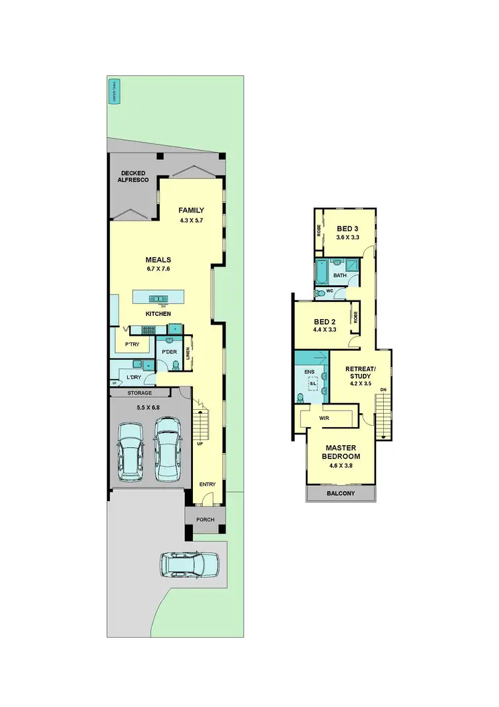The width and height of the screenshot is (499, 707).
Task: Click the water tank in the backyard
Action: click(x=114, y=93)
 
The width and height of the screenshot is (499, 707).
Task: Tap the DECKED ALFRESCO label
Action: click(x=134, y=177)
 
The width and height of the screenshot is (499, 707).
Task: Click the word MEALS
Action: click(x=159, y=260)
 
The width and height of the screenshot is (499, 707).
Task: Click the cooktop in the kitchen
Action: click(x=147, y=329)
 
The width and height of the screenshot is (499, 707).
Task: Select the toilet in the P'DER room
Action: click(x=176, y=365)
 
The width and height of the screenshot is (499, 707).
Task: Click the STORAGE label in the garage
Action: click(x=139, y=393)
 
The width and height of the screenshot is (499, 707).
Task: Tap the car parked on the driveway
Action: click(x=188, y=564)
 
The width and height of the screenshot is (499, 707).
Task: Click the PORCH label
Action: click(x=205, y=519)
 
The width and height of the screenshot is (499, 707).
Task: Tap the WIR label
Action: click(x=325, y=418)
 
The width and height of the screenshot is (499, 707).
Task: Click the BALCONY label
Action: click(x=341, y=494)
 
